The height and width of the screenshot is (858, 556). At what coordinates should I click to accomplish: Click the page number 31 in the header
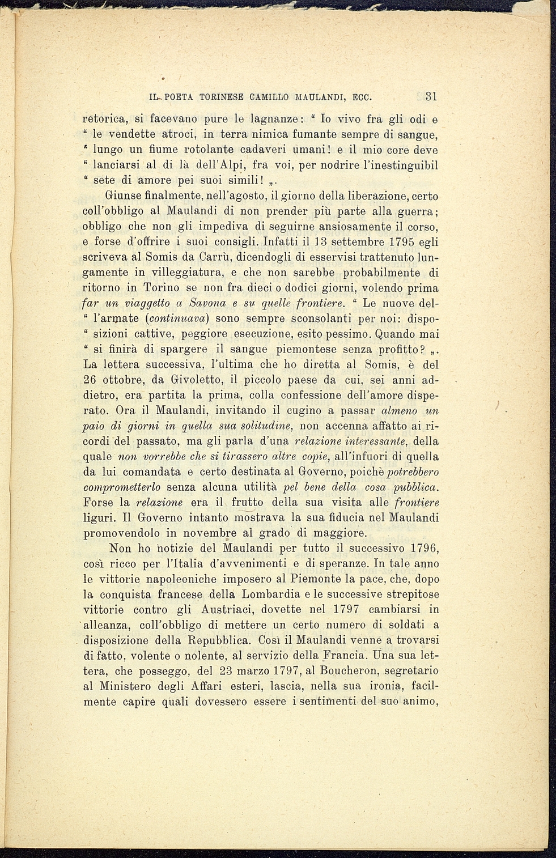pos(431,96)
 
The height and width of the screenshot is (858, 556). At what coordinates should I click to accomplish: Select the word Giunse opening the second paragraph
pos(122,196)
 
